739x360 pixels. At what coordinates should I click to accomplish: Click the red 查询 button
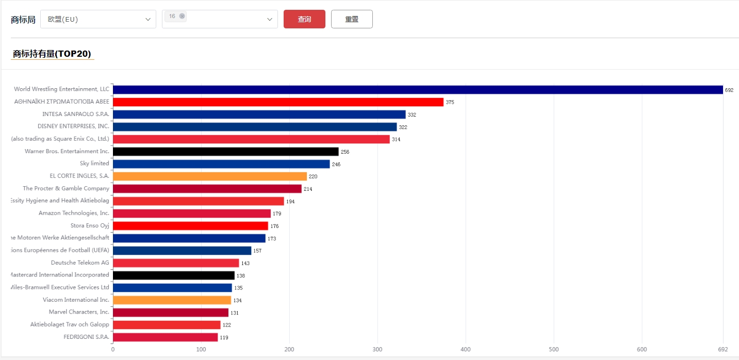(x=304, y=19)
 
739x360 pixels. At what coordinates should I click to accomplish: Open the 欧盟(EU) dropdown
(x=98, y=19)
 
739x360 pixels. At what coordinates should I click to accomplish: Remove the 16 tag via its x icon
(x=182, y=16)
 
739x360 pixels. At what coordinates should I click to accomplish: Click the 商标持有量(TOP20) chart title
(x=52, y=54)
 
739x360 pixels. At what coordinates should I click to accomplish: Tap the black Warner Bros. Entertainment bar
(x=225, y=152)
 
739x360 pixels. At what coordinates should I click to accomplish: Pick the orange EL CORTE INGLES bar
(x=209, y=176)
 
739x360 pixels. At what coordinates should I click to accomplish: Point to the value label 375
(x=450, y=103)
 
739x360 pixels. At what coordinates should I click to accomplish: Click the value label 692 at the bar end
(x=729, y=90)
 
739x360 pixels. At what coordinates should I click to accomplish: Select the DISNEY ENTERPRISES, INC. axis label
(x=73, y=126)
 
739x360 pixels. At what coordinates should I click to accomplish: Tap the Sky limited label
(x=94, y=163)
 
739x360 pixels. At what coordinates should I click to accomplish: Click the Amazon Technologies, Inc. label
(x=74, y=213)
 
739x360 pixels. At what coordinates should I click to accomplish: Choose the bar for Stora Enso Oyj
(x=190, y=226)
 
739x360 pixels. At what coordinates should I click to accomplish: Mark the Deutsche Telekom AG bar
(x=176, y=263)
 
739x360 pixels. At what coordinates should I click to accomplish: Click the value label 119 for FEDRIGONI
(x=224, y=338)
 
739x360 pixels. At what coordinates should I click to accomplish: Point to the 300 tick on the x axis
(x=377, y=350)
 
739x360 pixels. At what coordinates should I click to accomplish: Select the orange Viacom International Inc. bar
(x=172, y=300)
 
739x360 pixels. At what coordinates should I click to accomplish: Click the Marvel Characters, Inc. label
(x=79, y=312)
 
